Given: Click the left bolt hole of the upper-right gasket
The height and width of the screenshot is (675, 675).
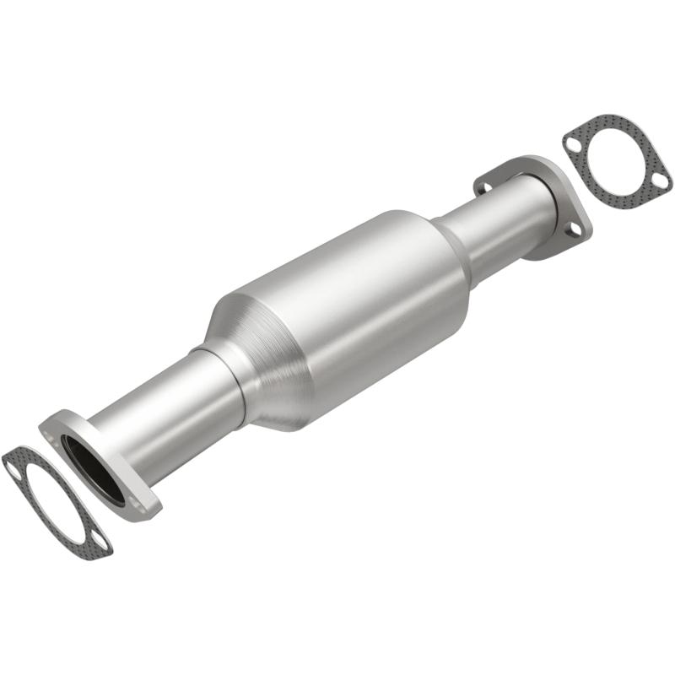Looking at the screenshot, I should [x=574, y=144].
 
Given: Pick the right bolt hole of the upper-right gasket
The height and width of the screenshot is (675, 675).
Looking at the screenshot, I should [x=659, y=180].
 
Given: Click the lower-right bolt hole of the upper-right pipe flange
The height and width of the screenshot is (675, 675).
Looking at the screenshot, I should [x=575, y=229].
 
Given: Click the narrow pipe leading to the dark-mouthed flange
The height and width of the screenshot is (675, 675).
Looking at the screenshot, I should [x=169, y=422].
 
